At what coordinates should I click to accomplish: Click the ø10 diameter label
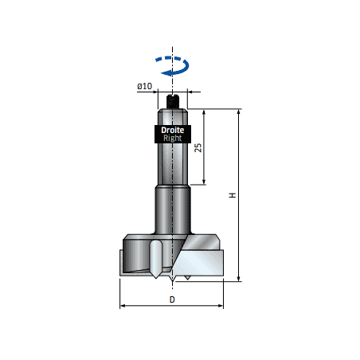145,86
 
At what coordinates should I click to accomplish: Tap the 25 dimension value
198,147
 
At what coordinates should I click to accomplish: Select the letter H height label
233,195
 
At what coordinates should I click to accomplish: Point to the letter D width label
172,299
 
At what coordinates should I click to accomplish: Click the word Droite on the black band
173,130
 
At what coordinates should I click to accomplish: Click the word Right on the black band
173,138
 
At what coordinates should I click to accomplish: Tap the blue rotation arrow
173,66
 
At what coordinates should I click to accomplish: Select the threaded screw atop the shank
173,101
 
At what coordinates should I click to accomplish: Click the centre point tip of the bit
173,281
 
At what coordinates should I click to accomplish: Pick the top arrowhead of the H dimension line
239,112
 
